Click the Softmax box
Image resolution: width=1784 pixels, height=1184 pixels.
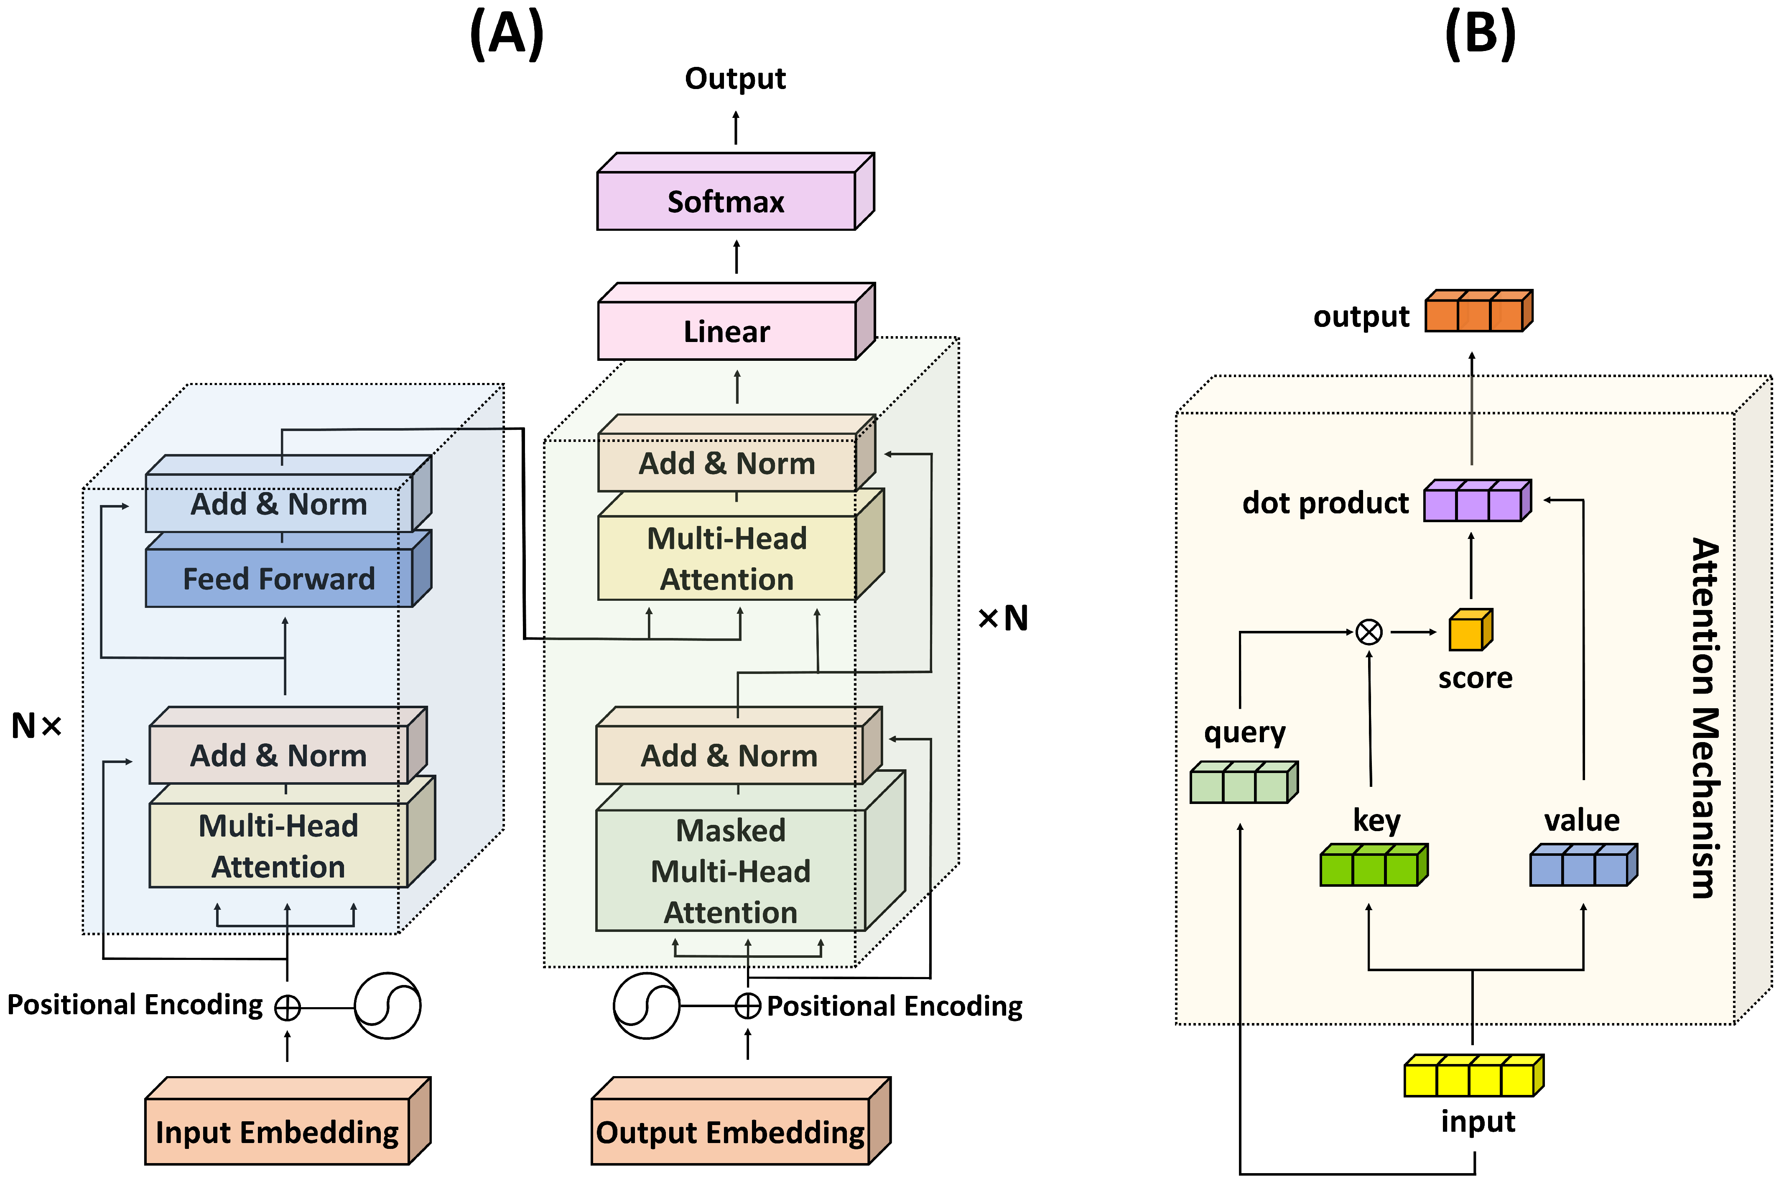point(726,201)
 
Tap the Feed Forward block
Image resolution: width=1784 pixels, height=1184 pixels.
point(278,578)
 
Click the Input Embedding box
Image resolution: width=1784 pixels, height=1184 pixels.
point(277,1131)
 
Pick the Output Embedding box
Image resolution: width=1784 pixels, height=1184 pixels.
point(730,1131)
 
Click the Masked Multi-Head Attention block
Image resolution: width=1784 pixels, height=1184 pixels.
point(730,870)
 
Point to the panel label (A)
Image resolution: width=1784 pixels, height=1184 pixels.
point(507,34)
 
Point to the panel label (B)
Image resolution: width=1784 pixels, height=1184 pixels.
point(1480,34)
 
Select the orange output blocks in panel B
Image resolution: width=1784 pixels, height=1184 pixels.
point(1478,311)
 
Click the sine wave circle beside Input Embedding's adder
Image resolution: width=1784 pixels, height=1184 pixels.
point(387,1006)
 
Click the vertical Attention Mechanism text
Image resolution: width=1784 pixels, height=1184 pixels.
point(1704,717)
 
